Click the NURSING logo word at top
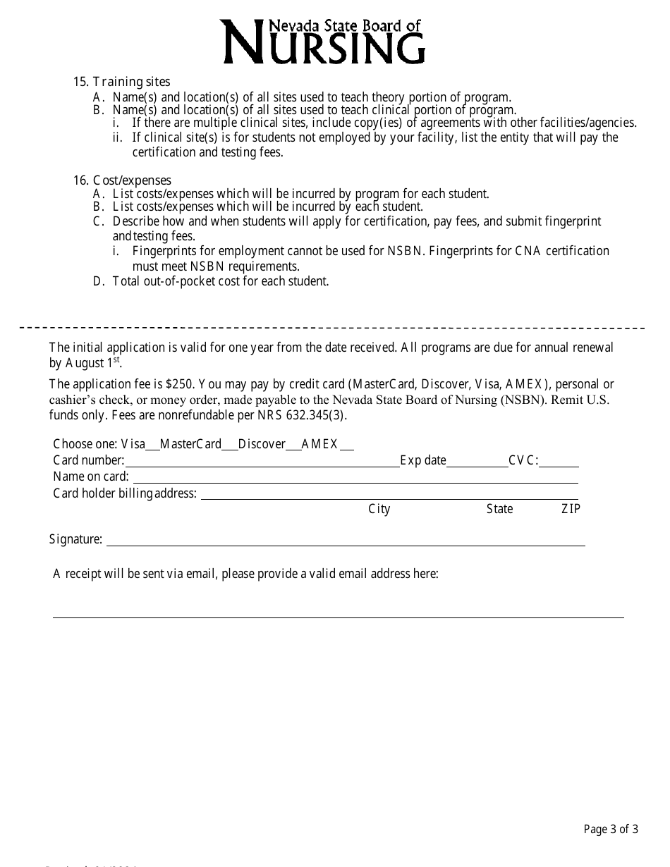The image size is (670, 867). click(324, 46)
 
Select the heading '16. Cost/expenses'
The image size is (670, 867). click(122, 180)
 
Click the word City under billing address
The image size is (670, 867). click(379, 509)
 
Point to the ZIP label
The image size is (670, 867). click(571, 509)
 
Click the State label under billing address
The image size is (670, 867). click(499, 509)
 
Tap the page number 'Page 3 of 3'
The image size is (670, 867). click(611, 829)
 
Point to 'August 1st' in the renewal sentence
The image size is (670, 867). click(93, 363)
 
